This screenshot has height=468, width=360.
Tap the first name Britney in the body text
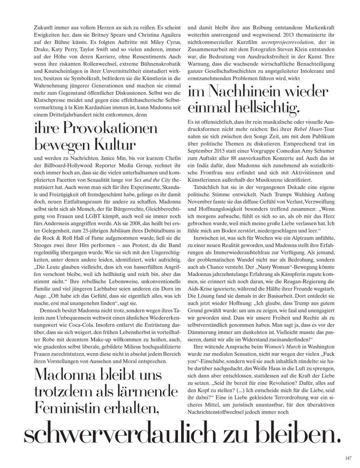click(x=107, y=34)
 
